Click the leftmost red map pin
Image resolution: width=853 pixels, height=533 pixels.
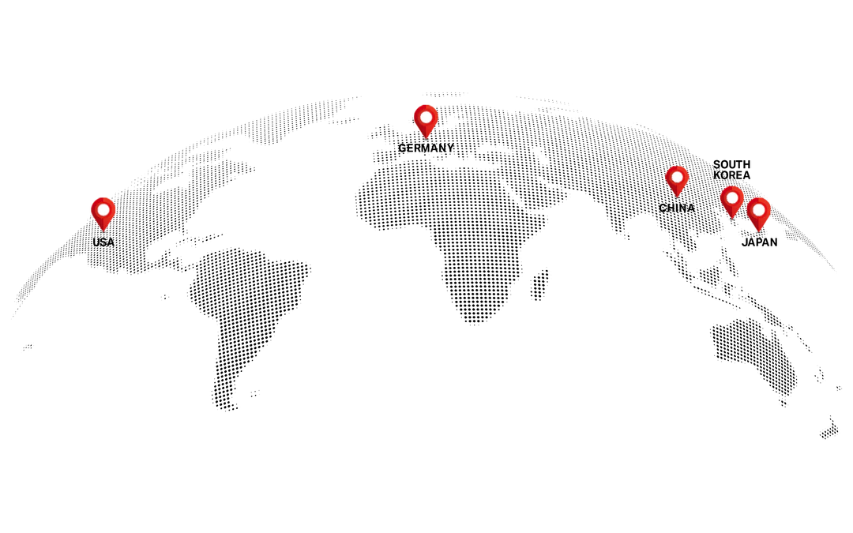point(103,212)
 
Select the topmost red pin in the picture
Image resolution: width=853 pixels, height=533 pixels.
point(426,119)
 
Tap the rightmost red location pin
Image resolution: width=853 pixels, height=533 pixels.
point(758,212)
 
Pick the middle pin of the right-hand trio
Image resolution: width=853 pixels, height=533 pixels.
point(732,199)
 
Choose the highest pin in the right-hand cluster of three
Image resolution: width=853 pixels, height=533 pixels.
point(677,179)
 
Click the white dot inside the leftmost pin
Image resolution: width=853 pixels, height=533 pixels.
point(103,209)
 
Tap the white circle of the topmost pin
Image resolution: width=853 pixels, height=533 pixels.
point(426,117)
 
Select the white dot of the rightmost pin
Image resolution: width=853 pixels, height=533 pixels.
point(758,209)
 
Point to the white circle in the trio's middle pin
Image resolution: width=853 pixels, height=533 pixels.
point(732,197)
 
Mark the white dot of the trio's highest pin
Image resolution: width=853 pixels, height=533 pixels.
point(677,177)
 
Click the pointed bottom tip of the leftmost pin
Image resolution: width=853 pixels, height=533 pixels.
point(103,231)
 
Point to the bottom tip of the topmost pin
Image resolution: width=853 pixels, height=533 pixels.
point(426,139)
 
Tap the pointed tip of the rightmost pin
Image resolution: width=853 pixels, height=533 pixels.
point(758,231)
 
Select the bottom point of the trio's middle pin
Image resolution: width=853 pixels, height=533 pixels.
point(732,218)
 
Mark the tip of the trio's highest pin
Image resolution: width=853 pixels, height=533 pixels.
point(677,197)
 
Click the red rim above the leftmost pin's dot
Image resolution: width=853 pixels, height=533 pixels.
point(103,199)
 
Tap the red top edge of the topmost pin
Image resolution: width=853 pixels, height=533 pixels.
point(426,106)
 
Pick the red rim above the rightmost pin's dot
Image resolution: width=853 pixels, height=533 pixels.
point(758,200)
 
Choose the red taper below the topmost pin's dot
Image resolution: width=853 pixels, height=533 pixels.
point(426,130)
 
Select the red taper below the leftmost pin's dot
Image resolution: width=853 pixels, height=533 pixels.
point(103,223)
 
